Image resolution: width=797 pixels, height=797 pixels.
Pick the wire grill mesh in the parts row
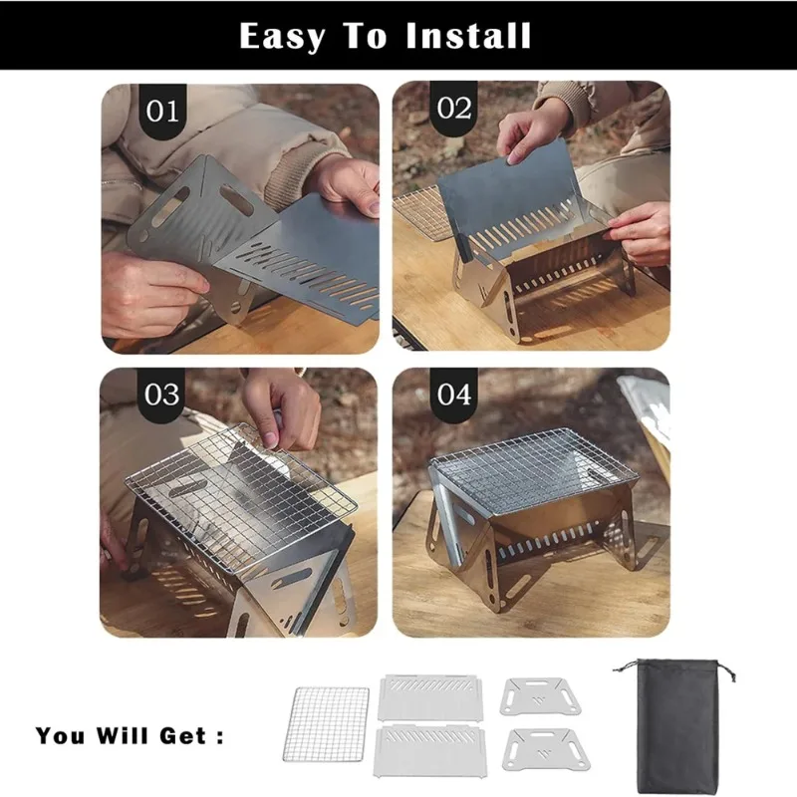click(x=330, y=734)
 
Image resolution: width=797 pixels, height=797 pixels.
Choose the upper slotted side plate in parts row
click(x=429, y=698)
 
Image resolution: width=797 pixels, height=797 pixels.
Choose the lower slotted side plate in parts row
click(x=429, y=752)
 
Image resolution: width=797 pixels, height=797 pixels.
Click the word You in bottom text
click(x=63, y=736)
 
